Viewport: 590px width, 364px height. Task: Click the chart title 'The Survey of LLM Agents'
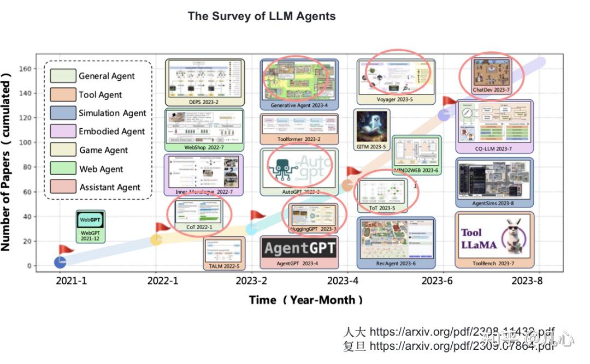[262, 16]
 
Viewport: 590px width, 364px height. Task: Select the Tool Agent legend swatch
[63, 94]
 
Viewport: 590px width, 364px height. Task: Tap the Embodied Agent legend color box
[63, 131]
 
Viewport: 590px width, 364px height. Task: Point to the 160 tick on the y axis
[26, 69]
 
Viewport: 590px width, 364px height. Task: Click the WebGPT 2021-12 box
[90, 226]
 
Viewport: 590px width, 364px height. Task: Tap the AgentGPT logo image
[299, 248]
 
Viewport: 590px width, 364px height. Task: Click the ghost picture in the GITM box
[371, 126]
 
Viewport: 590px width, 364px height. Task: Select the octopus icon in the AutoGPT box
[282, 166]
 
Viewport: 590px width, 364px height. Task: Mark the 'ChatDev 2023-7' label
[491, 89]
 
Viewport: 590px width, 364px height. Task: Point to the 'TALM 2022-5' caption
[224, 266]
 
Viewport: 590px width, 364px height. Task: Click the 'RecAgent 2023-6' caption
[396, 264]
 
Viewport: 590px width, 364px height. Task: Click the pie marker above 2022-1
[156, 240]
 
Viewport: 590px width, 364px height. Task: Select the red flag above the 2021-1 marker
[66, 249]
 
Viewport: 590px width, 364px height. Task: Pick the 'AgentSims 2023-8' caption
[494, 204]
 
